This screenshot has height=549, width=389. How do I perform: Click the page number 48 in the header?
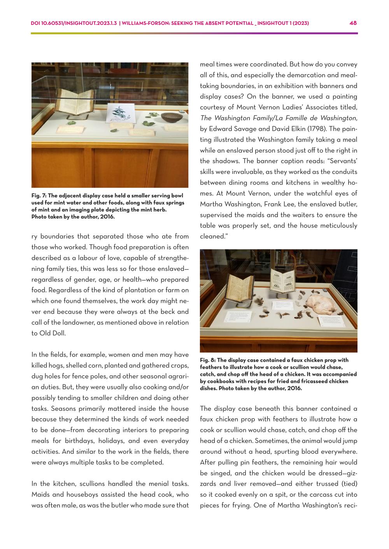pyautogui.click(x=353, y=23)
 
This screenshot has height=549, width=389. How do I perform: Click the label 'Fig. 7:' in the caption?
pyautogui.click(x=39, y=196)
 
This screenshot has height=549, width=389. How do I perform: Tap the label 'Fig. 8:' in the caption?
pyautogui.click(x=207, y=360)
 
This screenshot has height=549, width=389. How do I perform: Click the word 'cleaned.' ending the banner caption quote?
pyautogui.click(x=212, y=236)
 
